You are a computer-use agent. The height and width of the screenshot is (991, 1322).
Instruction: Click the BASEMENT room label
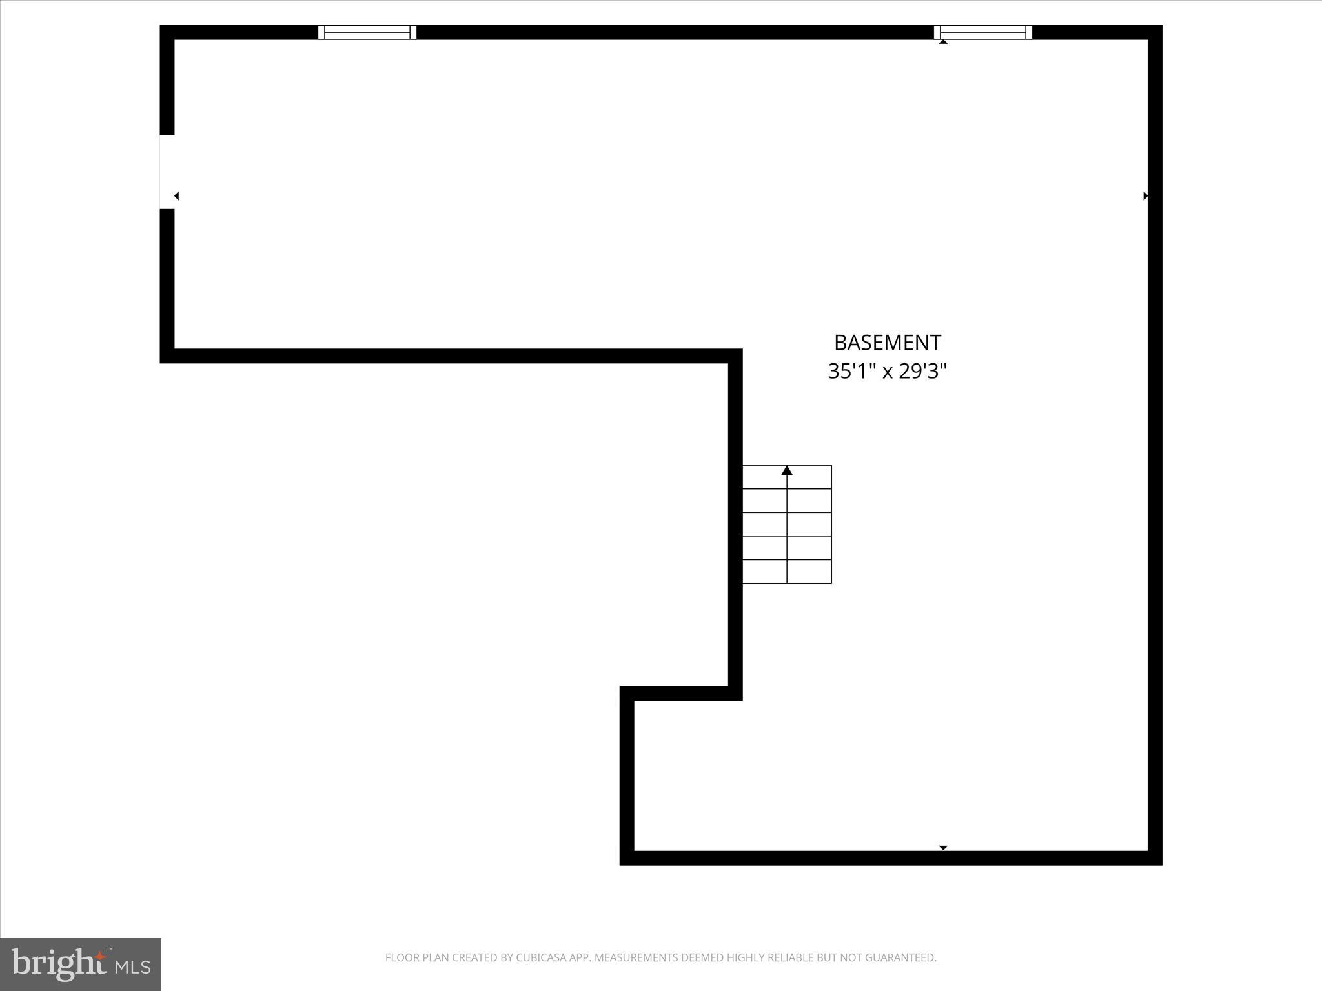pyautogui.click(x=887, y=343)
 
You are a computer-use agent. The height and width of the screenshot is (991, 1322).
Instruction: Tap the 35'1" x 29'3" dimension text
pyautogui.click(x=887, y=372)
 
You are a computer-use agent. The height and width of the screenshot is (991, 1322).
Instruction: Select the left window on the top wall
pyautogui.click(x=367, y=32)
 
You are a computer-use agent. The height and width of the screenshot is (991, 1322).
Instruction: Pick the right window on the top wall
pyautogui.click(x=983, y=32)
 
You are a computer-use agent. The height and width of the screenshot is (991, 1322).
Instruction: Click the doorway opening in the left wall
pyautogui.click(x=167, y=172)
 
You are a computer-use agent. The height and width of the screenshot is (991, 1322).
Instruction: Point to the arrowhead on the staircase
pyautogui.click(x=787, y=471)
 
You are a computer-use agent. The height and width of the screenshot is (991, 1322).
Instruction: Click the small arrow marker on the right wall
pyautogui.click(x=1146, y=195)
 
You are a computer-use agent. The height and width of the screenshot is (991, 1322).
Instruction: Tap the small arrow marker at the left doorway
pyautogui.click(x=176, y=195)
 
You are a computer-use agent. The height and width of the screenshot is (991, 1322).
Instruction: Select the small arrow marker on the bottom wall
pyautogui.click(x=943, y=848)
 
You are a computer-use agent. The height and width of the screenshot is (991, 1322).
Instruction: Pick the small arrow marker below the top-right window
pyautogui.click(x=943, y=42)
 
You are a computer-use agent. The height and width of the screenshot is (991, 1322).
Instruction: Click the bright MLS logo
pyautogui.click(x=81, y=965)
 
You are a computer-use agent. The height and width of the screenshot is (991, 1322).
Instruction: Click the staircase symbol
pyautogui.click(x=787, y=524)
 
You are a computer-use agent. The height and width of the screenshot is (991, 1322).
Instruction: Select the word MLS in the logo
pyautogui.click(x=133, y=967)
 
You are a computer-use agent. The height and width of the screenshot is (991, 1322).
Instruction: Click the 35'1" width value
pyautogui.click(x=851, y=372)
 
